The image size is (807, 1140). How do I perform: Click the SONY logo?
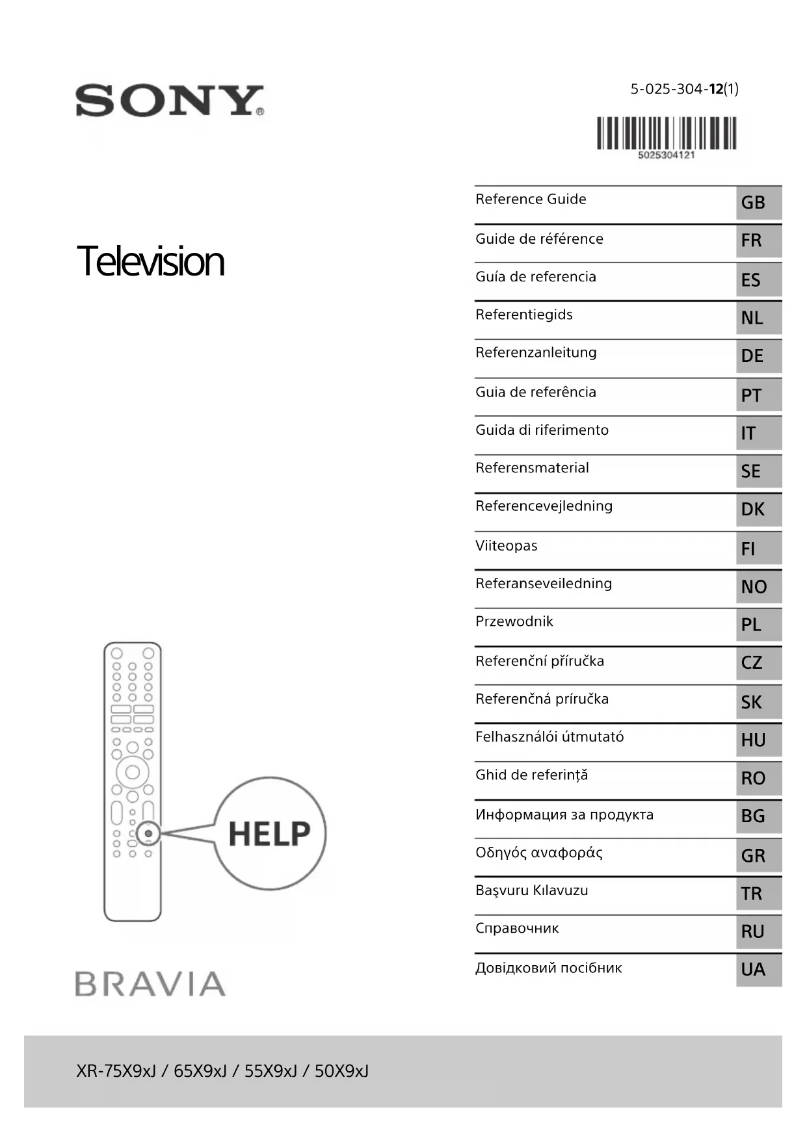(170, 101)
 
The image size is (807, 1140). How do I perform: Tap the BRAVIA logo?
(150, 983)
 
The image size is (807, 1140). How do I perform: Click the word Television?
(150, 261)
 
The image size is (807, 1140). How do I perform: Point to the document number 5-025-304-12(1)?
(684, 89)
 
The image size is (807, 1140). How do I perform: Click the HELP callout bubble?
(270, 833)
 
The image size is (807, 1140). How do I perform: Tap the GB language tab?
(758, 203)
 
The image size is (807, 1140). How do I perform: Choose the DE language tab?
(758, 356)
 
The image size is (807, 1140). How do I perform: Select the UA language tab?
(758, 970)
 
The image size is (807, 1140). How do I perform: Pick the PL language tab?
(758, 625)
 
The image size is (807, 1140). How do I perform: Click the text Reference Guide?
(531, 200)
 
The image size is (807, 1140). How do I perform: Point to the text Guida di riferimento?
(542, 430)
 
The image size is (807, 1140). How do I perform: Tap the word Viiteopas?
(506, 546)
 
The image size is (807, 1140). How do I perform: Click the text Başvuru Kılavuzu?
(531, 890)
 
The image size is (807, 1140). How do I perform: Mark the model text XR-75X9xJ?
(116, 1071)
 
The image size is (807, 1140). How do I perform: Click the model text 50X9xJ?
(341, 1071)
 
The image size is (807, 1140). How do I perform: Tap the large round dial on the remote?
(133, 772)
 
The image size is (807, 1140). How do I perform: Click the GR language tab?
(758, 855)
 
